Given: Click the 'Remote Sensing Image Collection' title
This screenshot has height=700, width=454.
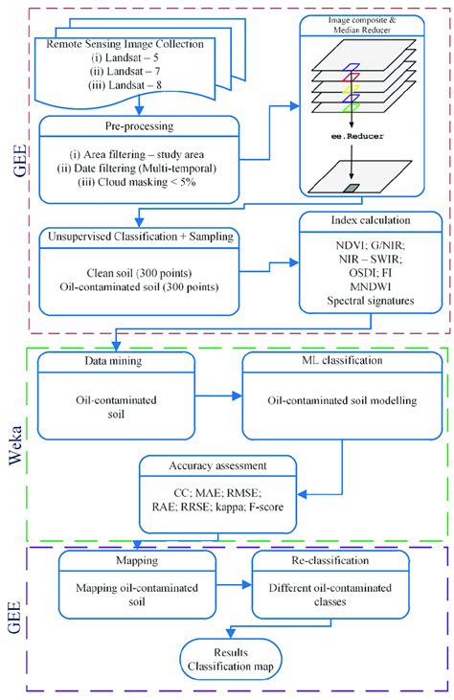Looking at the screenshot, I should [x=140, y=44].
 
